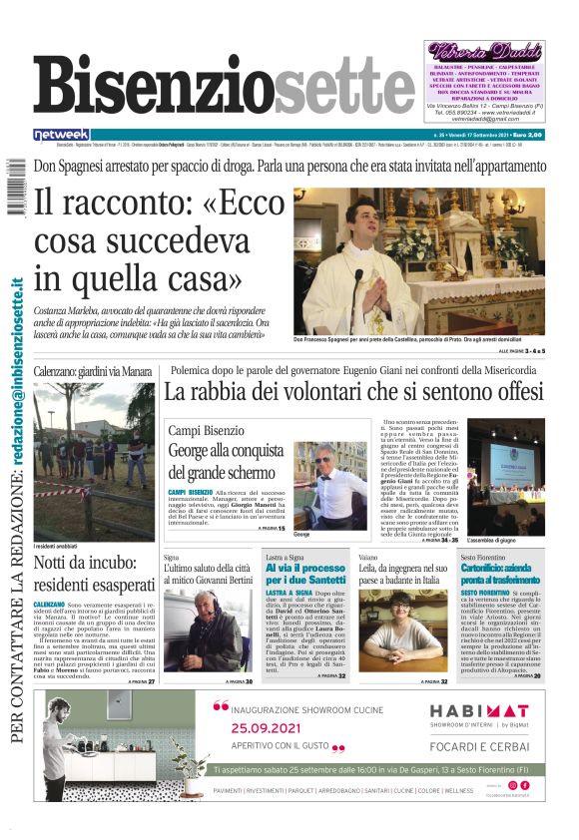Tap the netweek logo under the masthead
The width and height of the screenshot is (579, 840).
point(61,134)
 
